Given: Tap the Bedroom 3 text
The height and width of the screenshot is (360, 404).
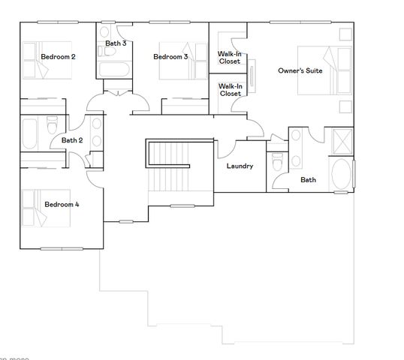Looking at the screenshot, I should pyautogui.click(x=170, y=57).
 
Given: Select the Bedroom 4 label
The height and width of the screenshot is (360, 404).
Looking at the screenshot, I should pyautogui.click(x=62, y=204).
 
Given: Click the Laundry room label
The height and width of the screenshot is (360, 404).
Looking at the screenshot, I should pyautogui.click(x=240, y=166).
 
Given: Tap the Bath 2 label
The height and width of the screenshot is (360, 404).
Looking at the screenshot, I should pyautogui.click(x=72, y=140).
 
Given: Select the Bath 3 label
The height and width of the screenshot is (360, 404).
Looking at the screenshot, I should pyautogui.click(x=116, y=43).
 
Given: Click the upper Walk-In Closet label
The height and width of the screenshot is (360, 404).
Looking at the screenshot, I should pyautogui.click(x=229, y=58).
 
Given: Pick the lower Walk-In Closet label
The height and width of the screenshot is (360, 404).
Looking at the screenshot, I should pyautogui.click(x=230, y=90).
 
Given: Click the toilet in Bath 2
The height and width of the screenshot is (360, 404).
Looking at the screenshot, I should pyautogui.click(x=52, y=124).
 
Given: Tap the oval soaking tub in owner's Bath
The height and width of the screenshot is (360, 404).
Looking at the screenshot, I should pyautogui.click(x=340, y=174).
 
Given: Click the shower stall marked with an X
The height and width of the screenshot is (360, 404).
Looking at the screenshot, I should pyautogui.click(x=341, y=140).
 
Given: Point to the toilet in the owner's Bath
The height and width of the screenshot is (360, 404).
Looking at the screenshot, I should pyautogui.click(x=277, y=160).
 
